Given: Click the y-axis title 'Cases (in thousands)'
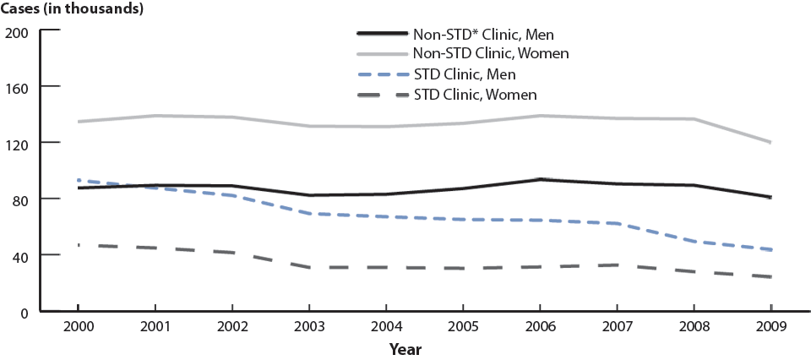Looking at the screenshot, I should point(71,9).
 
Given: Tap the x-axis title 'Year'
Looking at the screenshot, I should point(405,348).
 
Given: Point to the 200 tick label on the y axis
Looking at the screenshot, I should point(18,32).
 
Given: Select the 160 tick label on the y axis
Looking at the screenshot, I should point(18,87).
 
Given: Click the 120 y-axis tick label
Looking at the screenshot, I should point(18,144).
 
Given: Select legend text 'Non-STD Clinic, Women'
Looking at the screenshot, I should point(490,54).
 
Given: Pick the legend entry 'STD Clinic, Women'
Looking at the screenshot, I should point(475,94).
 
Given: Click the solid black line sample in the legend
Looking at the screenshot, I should point(382,35).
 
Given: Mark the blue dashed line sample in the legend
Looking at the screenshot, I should point(382,74).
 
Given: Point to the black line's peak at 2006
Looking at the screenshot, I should point(541,179).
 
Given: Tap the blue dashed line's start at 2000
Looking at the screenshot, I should point(78,180).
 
